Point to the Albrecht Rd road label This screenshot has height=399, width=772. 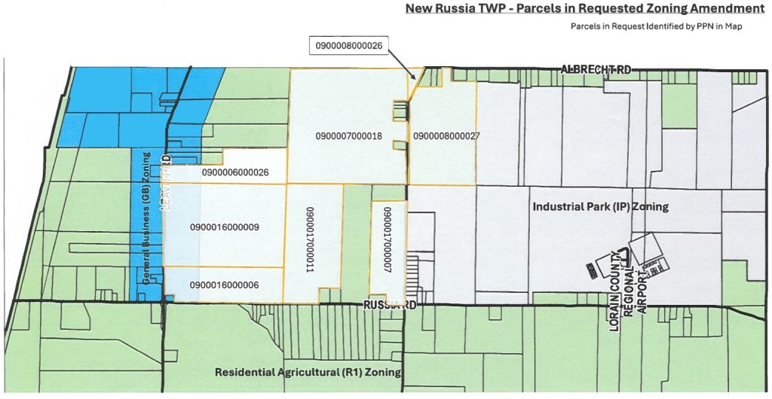click(596, 69)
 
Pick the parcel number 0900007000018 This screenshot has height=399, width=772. click(348, 136)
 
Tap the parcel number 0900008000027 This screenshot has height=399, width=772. click(446, 136)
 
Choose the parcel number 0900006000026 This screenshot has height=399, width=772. click(235, 172)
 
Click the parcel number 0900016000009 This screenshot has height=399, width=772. click(225, 227)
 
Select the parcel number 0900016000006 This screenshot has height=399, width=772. click(225, 285)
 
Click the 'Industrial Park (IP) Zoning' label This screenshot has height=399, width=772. click(600, 206)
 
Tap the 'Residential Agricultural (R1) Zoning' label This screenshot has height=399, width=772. click(308, 372)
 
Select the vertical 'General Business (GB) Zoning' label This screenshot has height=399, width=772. click(147, 218)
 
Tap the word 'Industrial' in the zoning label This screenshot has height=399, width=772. click(557, 206)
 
